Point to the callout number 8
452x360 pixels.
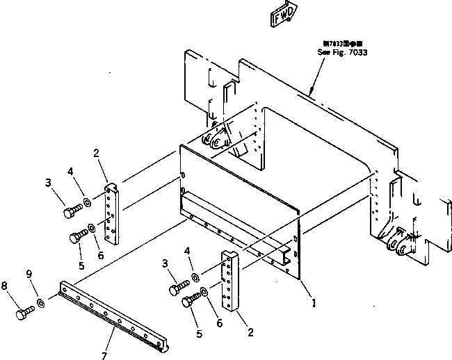click(6, 284)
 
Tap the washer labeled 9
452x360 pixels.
click(42, 303)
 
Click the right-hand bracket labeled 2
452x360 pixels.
click(228, 281)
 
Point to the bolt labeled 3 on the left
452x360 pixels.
click(70, 211)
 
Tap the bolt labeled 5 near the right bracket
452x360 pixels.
click(188, 302)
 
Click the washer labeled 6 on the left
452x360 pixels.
click(92, 229)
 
